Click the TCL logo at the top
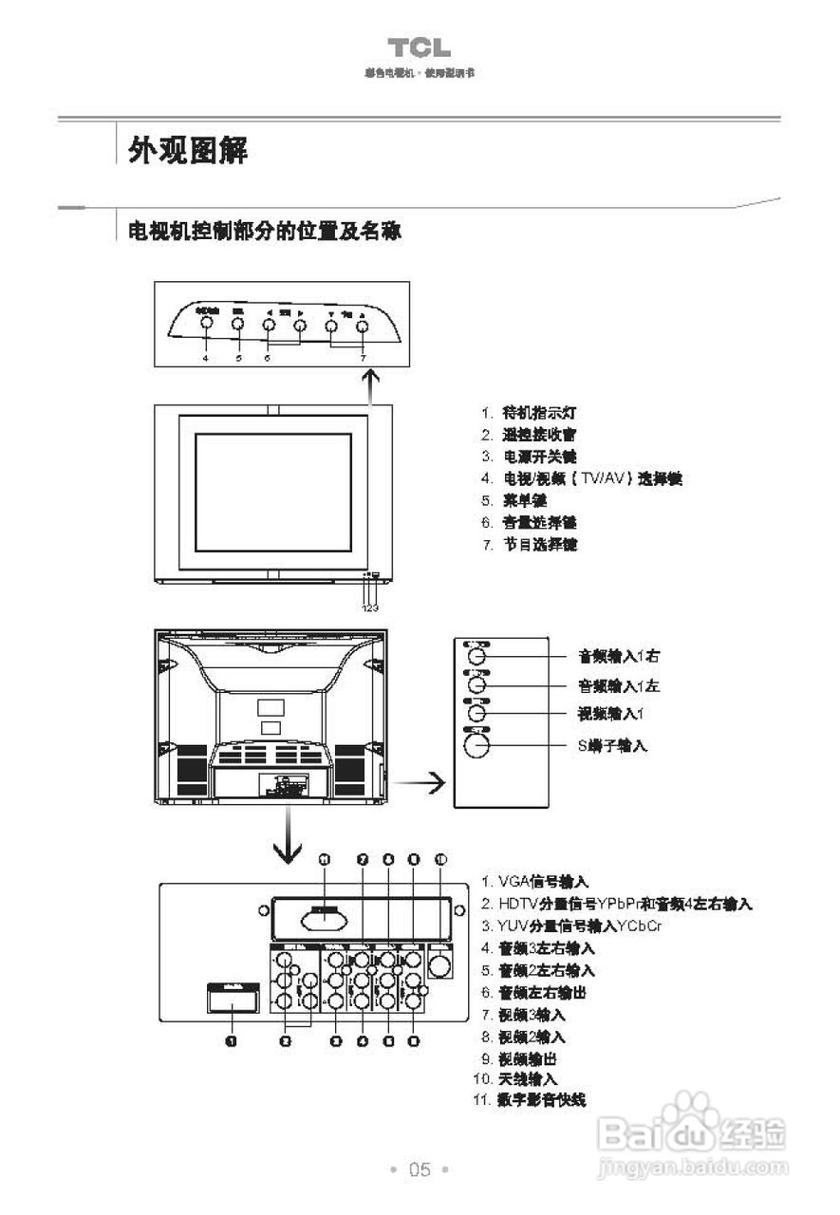[419, 48]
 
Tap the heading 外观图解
[188, 149]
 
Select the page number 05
[420, 1169]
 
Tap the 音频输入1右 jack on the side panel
[477, 655]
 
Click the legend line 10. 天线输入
[514, 1079]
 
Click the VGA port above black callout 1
[233, 1000]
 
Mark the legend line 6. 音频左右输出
[533, 993]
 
